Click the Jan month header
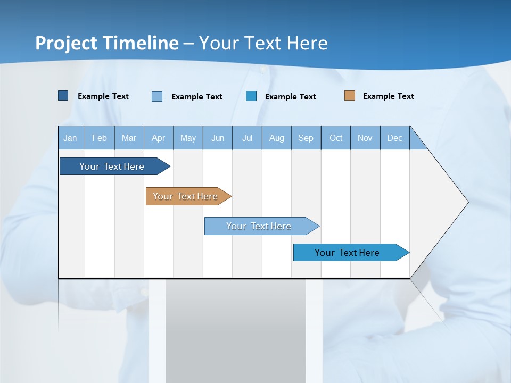click(x=70, y=138)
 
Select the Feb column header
click(x=100, y=138)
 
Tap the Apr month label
click(x=159, y=138)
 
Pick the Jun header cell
click(x=218, y=138)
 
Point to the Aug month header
click(x=277, y=138)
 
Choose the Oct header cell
click(x=336, y=138)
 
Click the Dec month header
click(x=395, y=138)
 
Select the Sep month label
click(x=306, y=138)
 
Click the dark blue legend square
click(x=63, y=96)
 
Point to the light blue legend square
click(x=157, y=96)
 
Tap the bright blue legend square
click(x=251, y=96)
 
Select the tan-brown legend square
click(x=350, y=96)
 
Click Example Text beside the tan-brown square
click(x=388, y=96)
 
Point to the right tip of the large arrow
click(x=467, y=202)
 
